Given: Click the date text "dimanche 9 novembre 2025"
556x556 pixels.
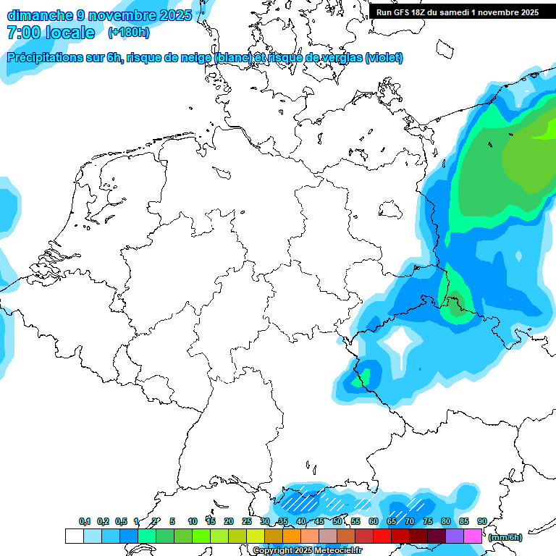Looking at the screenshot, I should tap(99, 14).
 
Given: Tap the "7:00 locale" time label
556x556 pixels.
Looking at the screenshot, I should tap(51, 33).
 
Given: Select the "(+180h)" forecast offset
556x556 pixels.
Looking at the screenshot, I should tap(130, 33).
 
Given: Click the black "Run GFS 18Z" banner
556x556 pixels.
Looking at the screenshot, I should tap(457, 12).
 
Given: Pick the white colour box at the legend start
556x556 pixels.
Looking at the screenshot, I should tap(74, 536).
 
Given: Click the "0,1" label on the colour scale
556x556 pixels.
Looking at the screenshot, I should tap(85, 522).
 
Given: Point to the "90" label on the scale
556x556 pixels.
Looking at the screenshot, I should tap(481, 522).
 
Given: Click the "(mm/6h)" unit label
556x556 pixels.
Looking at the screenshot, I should tap(505, 537).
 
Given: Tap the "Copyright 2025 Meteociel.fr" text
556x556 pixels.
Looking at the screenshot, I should tap(307, 551).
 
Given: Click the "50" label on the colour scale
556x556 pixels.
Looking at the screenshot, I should tap(337, 522).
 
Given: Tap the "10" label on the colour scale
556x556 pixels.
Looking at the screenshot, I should tap(193, 522).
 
